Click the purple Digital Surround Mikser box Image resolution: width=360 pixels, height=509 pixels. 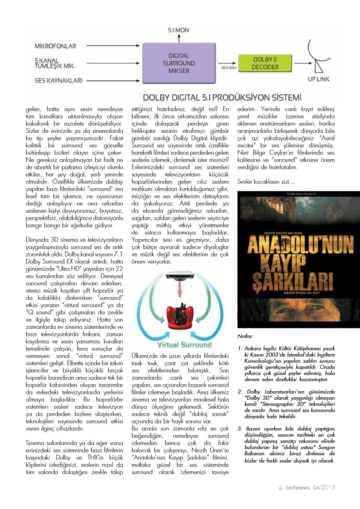[x=178, y=63]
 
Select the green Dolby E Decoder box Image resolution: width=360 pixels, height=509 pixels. [x=265, y=63]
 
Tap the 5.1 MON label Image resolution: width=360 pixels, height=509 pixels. [x=178, y=30]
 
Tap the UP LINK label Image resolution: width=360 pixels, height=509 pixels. [x=319, y=79]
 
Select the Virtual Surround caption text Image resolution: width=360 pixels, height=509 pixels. [x=179, y=345]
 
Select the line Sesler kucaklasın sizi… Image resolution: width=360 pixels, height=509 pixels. [x=263, y=181]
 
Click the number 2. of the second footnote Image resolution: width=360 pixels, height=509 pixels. [x=240, y=391]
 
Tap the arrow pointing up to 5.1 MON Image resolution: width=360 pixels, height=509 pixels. [x=178, y=38]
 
